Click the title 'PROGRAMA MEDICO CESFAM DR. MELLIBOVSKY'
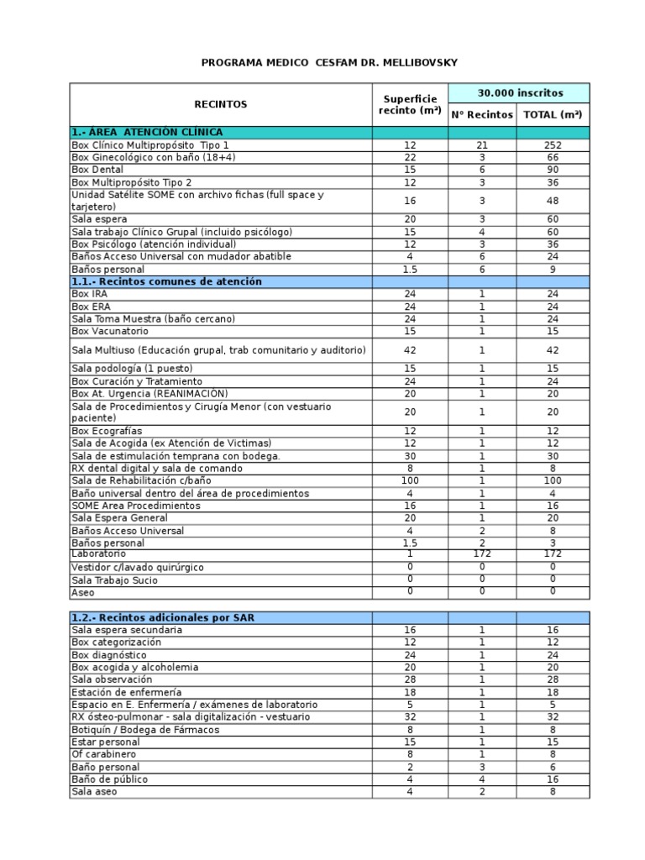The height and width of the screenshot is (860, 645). pos(330,63)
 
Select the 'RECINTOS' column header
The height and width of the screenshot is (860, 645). pos(220,104)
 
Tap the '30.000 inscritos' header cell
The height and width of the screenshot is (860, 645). pos(520,92)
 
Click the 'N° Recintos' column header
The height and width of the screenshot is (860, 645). pos(482,114)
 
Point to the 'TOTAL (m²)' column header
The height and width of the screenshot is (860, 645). pos(553,114)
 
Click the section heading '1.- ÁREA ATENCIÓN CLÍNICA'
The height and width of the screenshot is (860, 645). pos(148,132)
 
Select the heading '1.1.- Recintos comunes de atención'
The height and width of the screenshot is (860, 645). pos(167,281)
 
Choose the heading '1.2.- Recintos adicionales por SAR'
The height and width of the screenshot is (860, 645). pos(163,617)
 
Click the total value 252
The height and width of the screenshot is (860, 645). pos(553,145)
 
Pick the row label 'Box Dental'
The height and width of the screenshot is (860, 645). pos(97,170)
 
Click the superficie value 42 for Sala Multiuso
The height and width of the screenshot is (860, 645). pos(411,349)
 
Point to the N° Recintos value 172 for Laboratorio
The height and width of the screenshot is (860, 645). pos(482,554)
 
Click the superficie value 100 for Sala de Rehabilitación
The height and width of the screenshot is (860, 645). pos(411,480)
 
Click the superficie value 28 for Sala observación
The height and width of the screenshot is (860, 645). pos(411,679)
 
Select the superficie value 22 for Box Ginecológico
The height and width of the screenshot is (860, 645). pos(411,157)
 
